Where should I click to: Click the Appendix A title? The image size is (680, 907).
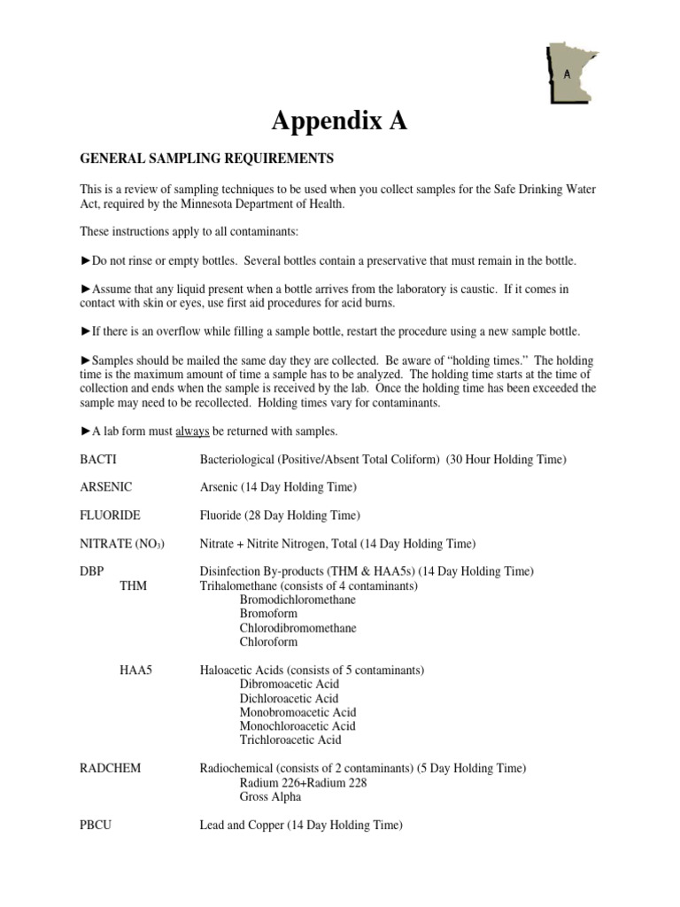click(x=339, y=122)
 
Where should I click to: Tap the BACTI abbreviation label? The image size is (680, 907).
click(x=97, y=459)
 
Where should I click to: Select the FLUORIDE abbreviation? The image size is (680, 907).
click(x=110, y=515)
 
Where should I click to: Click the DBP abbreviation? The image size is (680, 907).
click(x=92, y=571)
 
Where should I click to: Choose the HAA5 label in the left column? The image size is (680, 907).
click(x=136, y=671)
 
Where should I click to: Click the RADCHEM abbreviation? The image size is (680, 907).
click(x=112, y=768)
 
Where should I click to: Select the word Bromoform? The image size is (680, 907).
click(x=268, y=614)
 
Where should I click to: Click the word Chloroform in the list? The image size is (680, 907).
click(x=268, y=642)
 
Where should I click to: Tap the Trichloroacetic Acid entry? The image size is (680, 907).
click(x=290, y=740)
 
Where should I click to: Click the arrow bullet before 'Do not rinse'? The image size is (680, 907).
click(x=86, y=261)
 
